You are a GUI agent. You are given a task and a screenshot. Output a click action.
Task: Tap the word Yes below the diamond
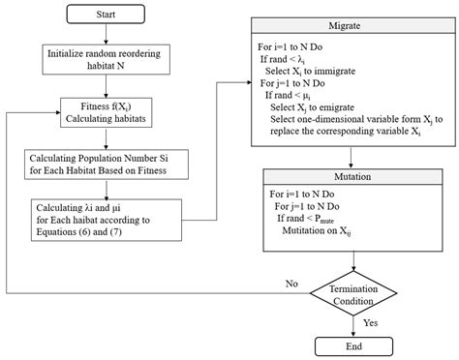point(369,322)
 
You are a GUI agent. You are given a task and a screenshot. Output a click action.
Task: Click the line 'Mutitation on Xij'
point(325,232)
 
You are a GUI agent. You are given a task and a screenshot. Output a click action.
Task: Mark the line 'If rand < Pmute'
point(319,221)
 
